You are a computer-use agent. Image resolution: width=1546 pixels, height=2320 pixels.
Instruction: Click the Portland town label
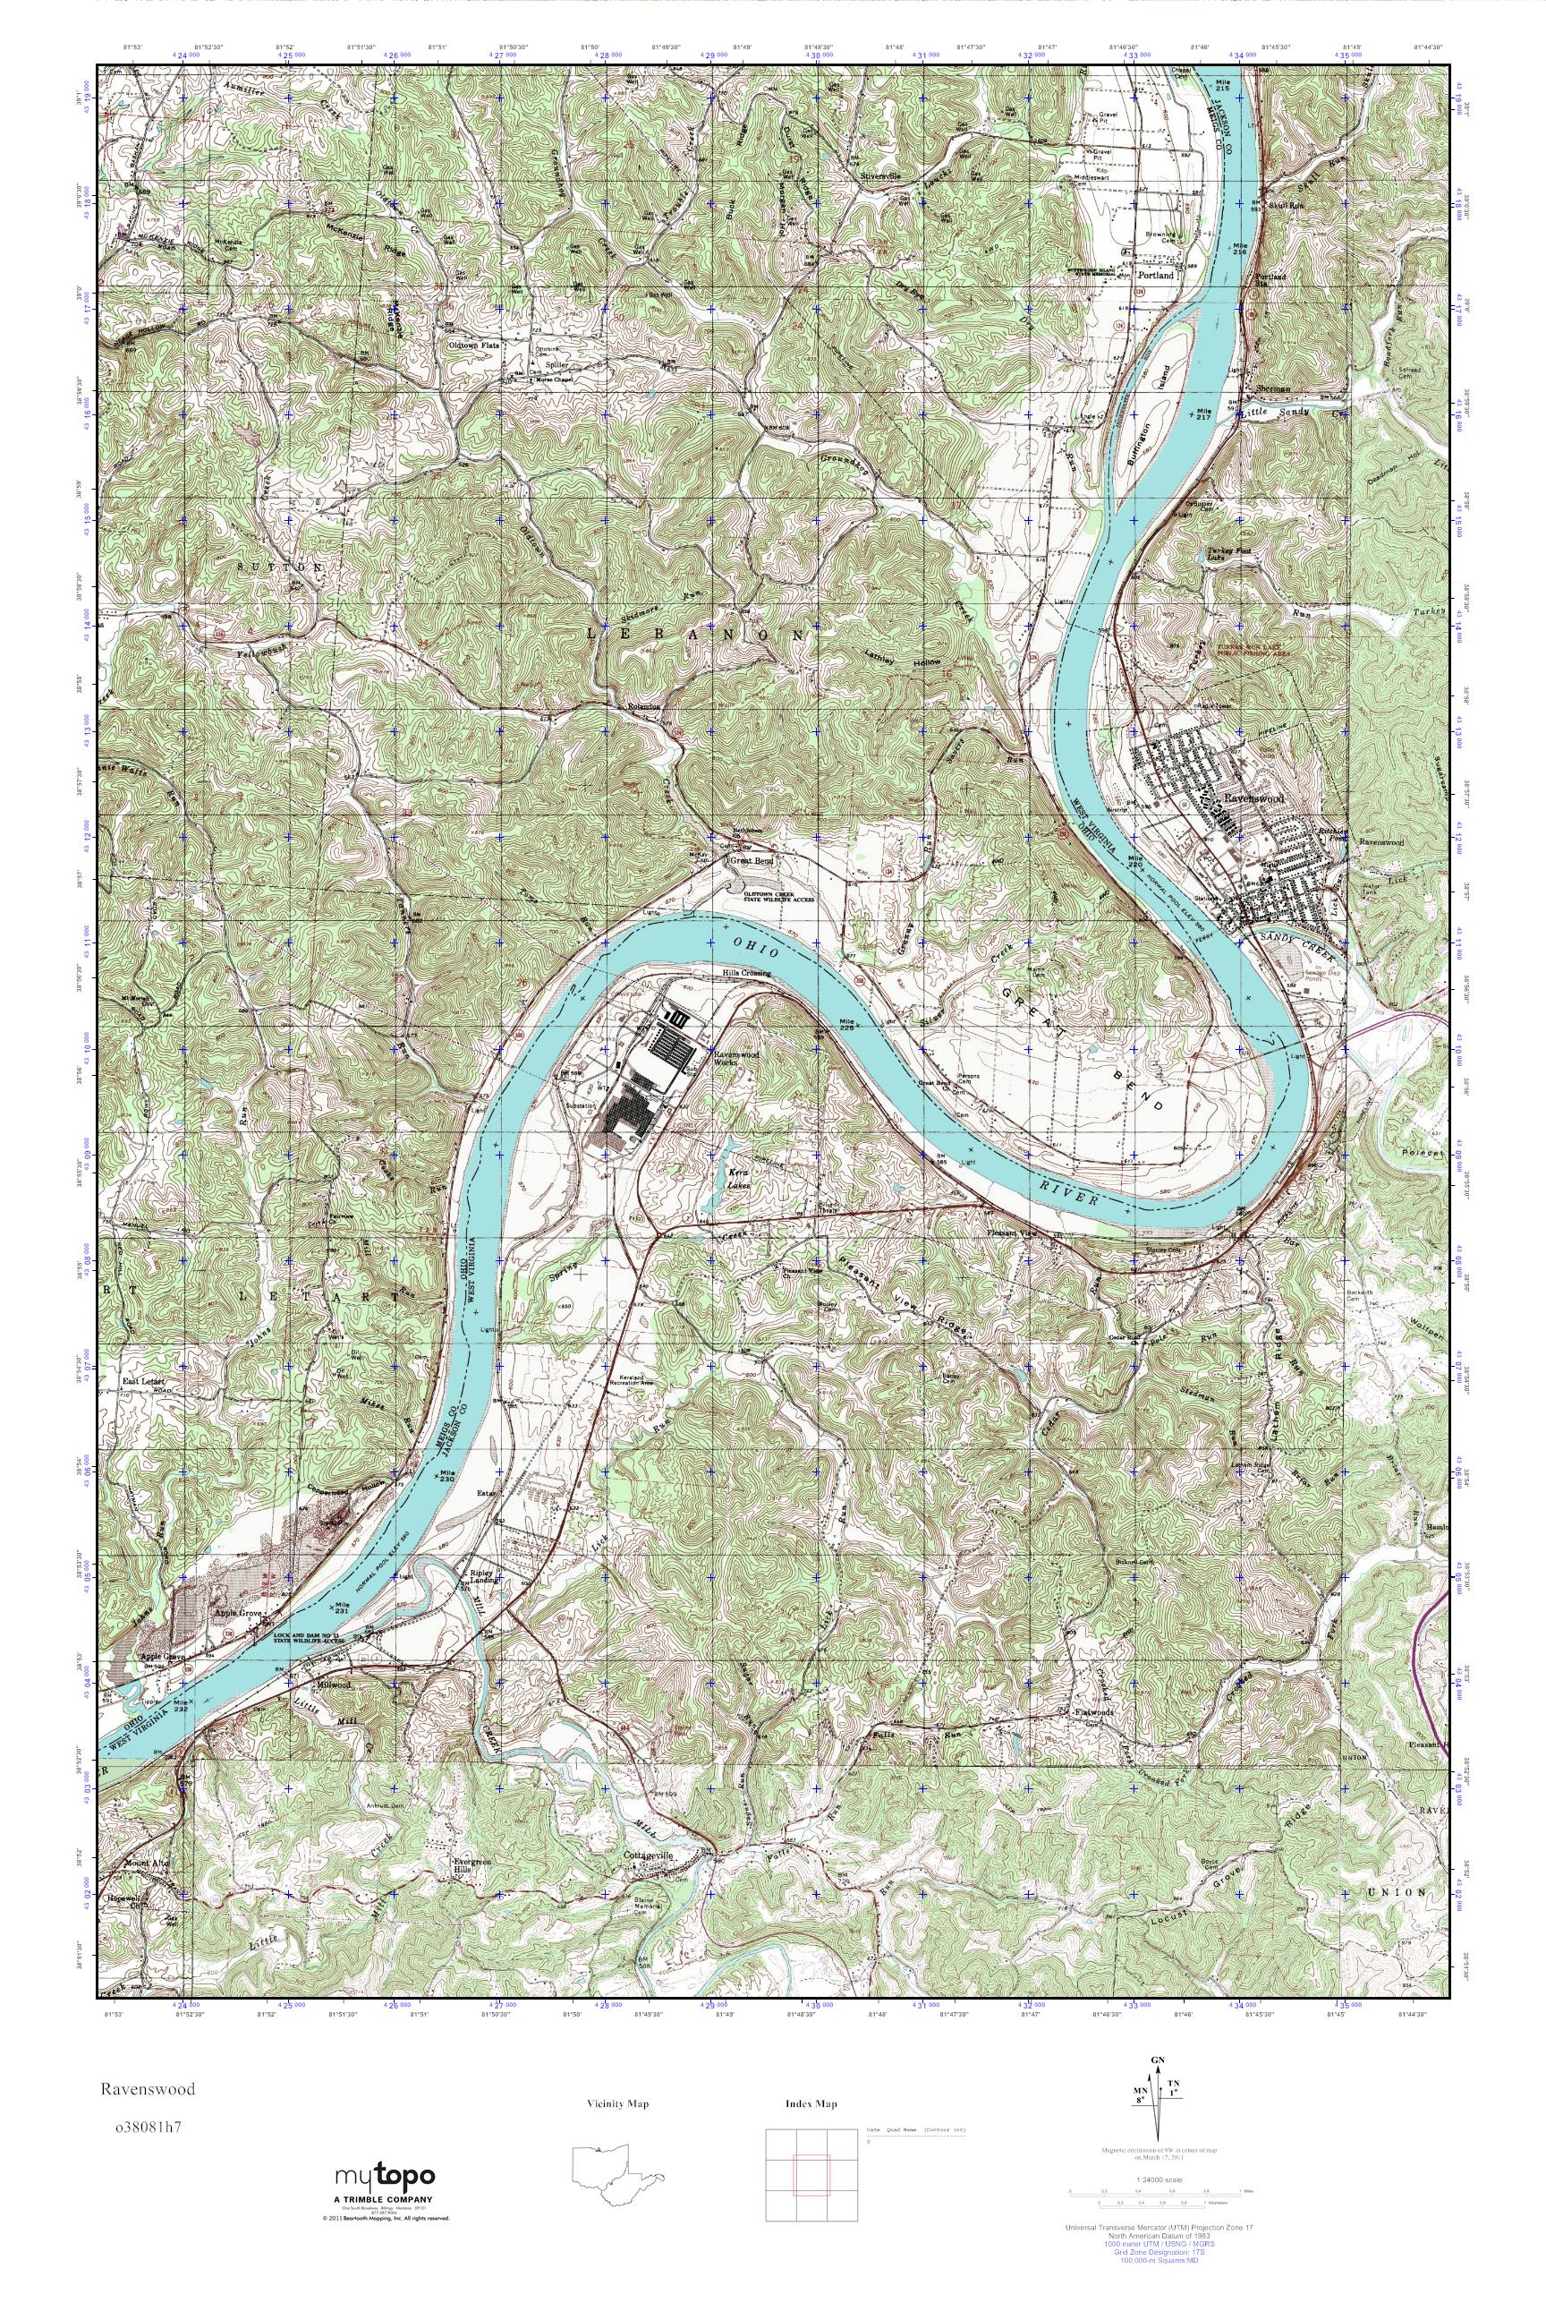tap(1156, 277)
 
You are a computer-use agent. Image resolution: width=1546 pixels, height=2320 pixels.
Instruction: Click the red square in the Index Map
tap(811, 2184)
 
